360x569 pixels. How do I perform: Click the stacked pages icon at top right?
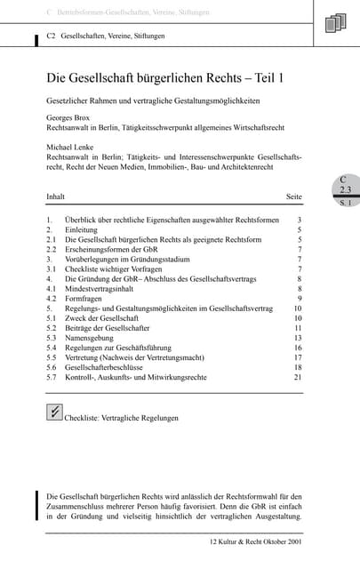[x=335, y=23]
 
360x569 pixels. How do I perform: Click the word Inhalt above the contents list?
[x=56, y=196]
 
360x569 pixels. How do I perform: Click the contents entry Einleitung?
[x=83, y=229]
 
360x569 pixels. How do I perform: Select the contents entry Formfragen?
[x=85, y=299]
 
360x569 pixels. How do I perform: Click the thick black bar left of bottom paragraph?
[x=36, y=505]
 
